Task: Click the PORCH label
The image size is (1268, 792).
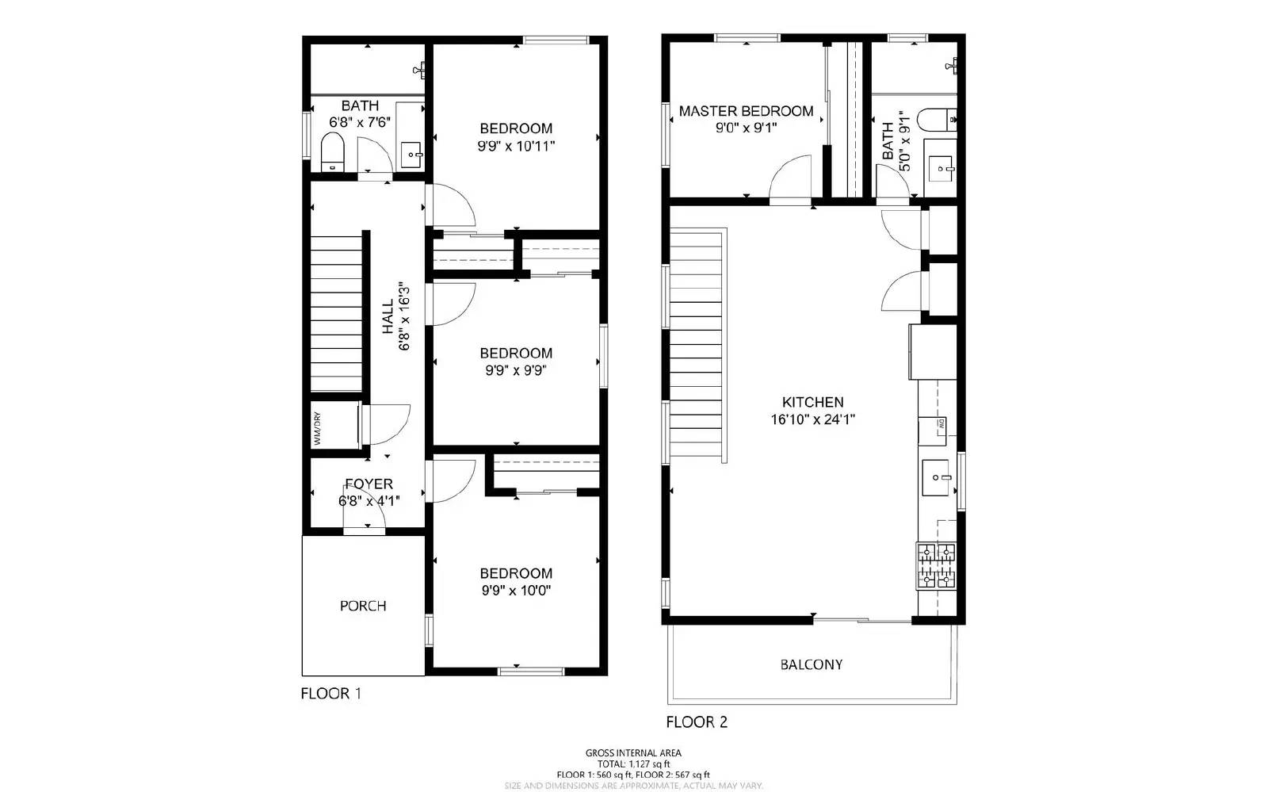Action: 363,606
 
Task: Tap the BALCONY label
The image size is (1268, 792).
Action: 812,664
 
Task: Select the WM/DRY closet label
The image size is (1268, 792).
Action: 316,428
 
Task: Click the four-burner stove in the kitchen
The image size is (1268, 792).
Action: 936,565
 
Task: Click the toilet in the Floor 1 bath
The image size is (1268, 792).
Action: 331,152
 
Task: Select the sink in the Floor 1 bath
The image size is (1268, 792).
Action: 411,154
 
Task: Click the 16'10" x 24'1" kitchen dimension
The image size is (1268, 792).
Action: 812,420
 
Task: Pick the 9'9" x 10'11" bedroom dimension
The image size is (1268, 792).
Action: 516,146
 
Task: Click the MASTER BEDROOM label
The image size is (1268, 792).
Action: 746,111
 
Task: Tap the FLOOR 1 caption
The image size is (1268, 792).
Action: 331,694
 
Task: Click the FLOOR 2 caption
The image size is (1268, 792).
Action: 697,721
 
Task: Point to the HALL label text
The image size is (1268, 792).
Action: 388,316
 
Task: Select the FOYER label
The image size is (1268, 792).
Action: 369,484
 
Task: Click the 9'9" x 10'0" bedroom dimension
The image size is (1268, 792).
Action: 516,591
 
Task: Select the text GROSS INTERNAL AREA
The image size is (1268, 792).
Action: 633,753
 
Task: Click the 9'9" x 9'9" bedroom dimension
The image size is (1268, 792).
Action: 516,370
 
